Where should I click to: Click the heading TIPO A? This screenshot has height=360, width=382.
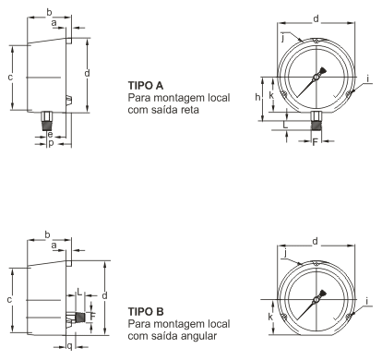coord(146,85)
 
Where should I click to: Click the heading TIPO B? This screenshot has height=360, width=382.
coord(146,312)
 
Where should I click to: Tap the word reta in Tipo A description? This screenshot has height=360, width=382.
coord(189,110)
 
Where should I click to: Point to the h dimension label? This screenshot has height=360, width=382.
coord(257,97)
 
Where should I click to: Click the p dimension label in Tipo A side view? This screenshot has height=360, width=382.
coord(51,143)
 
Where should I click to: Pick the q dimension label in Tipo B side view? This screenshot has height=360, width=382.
coord(70,347)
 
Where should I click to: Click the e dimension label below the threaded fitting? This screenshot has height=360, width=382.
coord(50,135)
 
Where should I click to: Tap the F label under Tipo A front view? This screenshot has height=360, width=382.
coord(315,142)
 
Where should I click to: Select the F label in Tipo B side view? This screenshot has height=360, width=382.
coord(93,316)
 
